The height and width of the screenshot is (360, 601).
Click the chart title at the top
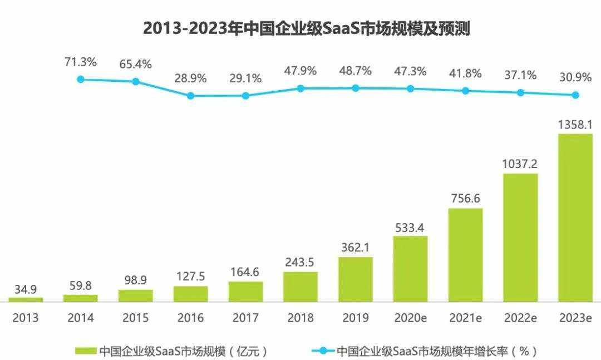click(x=307, y=28)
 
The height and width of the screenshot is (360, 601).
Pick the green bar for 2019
click(x=356, y=279)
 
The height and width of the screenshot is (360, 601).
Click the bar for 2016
click(x=190, y=293)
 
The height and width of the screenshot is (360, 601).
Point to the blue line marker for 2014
click(x=81, y=80)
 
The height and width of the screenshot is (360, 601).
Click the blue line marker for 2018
click(x=300, y=88)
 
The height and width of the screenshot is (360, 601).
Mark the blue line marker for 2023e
click(x=575, y=95)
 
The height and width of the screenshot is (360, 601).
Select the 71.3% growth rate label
click(x=81, y=62)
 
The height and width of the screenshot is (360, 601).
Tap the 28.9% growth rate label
click(x=190, y=78)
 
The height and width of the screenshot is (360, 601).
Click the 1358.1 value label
click(x=575, y=124)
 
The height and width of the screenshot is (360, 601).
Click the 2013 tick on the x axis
click(x=26, y=318)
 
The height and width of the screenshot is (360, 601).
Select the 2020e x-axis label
click(x=411, y=318)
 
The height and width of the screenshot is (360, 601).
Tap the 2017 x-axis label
click(x=245, y=318)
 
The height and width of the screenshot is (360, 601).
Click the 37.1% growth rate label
click(x=520, y=75)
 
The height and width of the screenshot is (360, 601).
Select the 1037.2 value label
click(x=520, y=164)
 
